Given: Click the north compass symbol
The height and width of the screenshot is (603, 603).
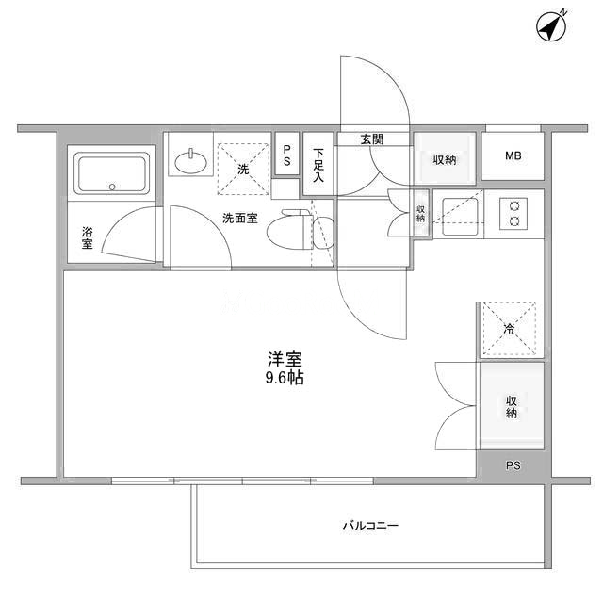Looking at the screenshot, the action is click(551, 26).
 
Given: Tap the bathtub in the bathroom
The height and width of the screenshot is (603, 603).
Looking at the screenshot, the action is click(111, 173).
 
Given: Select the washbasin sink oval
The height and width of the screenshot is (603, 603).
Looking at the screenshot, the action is click(190, 162).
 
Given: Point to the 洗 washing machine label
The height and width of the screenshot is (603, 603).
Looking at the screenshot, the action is click(243, 169).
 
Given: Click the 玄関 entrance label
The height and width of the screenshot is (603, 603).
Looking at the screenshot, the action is click(372, 139).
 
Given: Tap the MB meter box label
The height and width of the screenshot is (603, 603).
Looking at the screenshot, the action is click(513, 155).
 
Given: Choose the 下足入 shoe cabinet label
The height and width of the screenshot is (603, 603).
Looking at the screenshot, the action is click(318, 165).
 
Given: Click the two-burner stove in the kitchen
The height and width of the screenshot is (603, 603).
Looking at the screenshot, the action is click(513, 214).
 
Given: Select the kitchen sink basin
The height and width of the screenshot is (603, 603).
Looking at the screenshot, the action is click(460, 217).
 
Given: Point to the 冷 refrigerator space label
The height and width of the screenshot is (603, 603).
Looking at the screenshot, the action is click(509, 329).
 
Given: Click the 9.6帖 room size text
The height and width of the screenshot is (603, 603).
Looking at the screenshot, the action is click(285, 378).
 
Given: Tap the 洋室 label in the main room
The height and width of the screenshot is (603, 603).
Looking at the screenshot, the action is click(285, 359).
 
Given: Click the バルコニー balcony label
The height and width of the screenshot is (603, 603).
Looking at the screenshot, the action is click(370, 525).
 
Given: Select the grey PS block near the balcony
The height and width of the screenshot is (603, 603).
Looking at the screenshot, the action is click(513, 466).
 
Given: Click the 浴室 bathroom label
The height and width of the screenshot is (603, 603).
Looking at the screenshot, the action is click(88, 237).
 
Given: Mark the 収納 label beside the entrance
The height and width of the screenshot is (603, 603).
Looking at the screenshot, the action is click(445, 159).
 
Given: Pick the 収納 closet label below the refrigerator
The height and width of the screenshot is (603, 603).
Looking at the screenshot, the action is click(511, 407).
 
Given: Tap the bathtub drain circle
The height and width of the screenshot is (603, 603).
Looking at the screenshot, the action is click(112, 187).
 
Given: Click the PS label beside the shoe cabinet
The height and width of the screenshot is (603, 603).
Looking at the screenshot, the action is click(286, 155).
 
